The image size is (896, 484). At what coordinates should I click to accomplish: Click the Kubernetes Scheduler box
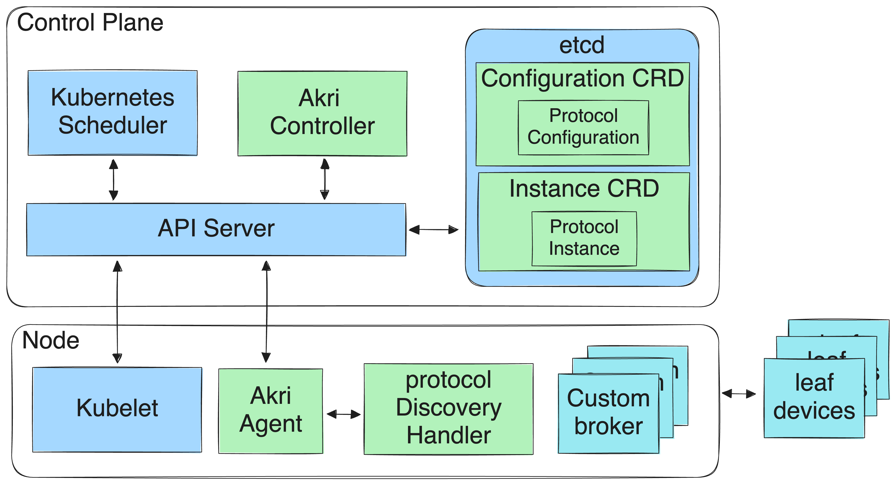[x=112, y=113]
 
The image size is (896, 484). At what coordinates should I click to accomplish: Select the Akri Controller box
[x=322, y=113]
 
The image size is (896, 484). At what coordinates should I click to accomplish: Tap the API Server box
[x=216, y=229]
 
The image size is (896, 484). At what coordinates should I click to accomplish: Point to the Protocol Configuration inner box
[x=583, y=127]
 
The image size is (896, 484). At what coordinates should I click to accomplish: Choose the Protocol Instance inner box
[x=584, y=238]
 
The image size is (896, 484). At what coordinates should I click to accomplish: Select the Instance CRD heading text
[x=584, y=189]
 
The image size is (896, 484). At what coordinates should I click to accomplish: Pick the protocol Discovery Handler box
[x=448, y=409]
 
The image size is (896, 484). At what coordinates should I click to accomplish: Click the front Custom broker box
[x=608, y=413]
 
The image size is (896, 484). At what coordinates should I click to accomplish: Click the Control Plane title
[x=90, y=23]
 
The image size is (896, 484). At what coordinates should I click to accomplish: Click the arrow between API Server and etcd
[x=433, y=229]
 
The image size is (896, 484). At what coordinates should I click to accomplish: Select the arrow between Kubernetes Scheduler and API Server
[x=113, y=180]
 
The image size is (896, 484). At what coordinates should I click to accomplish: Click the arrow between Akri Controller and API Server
[x=324, y=179]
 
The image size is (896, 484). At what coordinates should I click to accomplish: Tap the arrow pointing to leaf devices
[x=739, y=394]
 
